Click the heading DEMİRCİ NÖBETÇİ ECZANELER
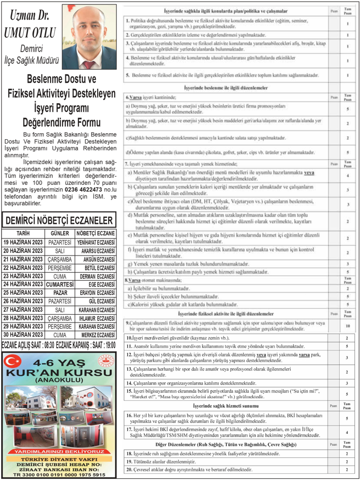(x=59, y=220)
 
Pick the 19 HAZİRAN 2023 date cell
(x=22, y=241)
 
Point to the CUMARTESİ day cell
(x=60, y=285)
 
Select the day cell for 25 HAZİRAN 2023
(x=60, y=293)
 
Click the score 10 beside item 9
(x=347, y=326)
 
